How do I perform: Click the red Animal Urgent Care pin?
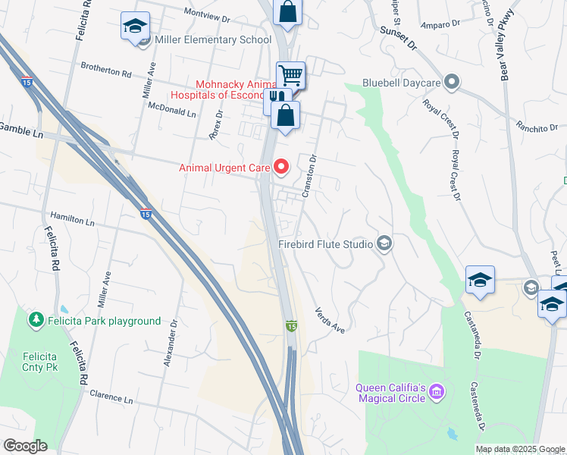[282, 165]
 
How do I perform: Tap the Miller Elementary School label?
[213, 40]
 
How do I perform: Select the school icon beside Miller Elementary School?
[135, 27]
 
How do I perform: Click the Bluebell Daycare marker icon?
[453, 81]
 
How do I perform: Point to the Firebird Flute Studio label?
[325, 244]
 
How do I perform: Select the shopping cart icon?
[290, 74]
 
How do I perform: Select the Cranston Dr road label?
[309, 177]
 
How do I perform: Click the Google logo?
[25, 446]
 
